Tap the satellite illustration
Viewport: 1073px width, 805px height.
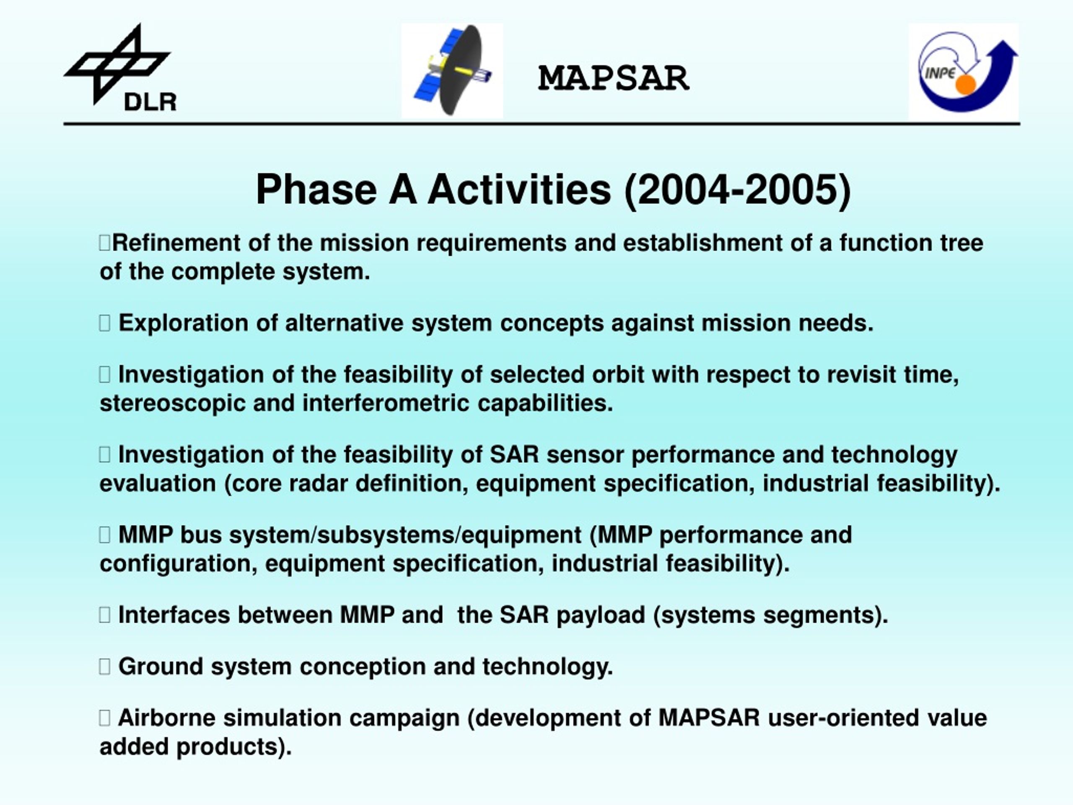(452, 70)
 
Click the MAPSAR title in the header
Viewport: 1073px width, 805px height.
(614, 78)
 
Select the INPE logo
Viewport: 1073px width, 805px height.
(964, 71)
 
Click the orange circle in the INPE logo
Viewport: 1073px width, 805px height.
(965, 84)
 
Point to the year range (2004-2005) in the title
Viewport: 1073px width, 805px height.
(737, 190)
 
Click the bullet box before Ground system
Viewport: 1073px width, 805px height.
(105, 667)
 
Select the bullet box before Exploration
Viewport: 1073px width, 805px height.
(105, 323)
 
